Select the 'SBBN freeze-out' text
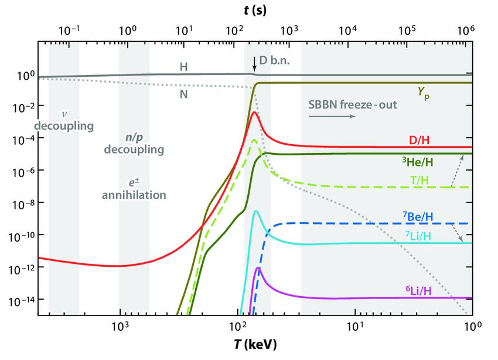(x=352, y=105)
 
